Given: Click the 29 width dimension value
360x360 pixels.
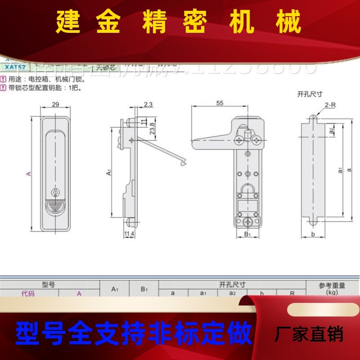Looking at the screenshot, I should tap(55, 104).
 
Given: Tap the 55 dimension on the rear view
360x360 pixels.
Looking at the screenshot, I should tap(220, 103).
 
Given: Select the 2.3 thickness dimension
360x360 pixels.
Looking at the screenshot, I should tap(148, 104).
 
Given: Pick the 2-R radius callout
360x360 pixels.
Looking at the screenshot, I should tap(330, 105).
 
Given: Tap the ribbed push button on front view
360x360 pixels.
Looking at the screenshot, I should tap(55, 208).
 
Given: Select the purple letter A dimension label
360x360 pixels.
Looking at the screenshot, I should tap(29, 173).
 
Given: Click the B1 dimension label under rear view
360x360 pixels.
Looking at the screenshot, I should tap(247, 234).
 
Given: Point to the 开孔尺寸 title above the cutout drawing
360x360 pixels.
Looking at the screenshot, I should tap(310, 94).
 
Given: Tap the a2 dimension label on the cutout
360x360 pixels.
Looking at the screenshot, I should tap(331, 130).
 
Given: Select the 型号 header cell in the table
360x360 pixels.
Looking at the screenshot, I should tap(48, 284).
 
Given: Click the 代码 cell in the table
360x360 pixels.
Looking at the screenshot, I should tap(28, 293).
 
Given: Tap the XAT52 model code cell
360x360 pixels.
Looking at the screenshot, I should tap(15, 67).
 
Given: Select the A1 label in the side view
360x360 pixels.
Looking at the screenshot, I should tap(108, 172).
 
